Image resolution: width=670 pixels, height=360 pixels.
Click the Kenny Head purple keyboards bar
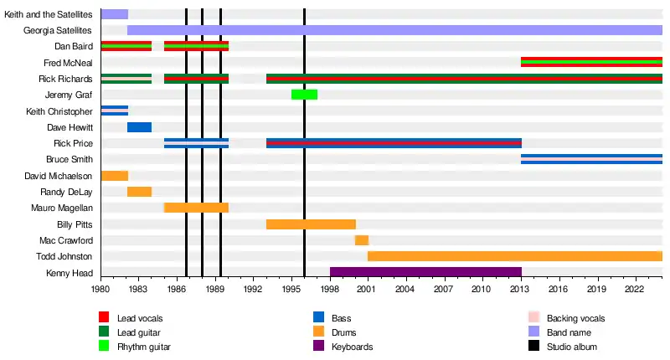425,272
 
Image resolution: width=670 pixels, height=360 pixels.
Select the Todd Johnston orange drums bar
514,256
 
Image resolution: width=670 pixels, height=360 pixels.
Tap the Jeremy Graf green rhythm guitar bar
304,95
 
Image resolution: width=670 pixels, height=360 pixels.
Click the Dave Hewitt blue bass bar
139,127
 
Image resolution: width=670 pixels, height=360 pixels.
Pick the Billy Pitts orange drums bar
311,224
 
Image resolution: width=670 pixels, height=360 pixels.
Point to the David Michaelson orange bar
114,176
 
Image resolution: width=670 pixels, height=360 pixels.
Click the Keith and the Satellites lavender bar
114,14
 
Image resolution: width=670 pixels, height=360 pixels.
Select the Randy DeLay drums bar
139,192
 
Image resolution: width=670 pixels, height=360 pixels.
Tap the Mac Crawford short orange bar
362,240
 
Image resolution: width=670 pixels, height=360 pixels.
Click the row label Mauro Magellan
62,208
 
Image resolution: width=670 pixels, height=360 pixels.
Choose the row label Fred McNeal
68,63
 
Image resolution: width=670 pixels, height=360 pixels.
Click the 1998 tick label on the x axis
330,290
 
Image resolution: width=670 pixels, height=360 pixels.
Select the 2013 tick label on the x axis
521,290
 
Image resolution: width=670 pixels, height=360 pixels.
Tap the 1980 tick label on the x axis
100,290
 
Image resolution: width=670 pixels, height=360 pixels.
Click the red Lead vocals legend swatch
104,318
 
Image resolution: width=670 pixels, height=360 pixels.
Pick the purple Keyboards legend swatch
318,347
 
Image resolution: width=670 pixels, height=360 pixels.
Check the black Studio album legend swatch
533,347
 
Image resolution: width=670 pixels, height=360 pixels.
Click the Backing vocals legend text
575,318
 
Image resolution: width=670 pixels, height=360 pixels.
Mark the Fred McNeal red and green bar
591,63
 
